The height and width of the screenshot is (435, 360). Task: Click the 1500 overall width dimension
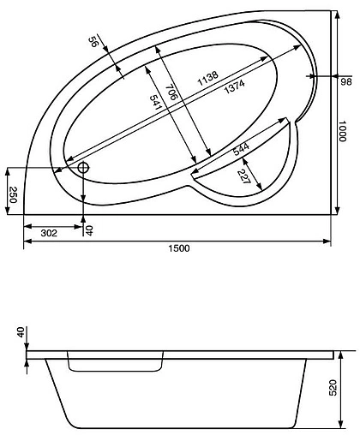[178, 248]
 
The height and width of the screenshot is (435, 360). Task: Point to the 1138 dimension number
[209, 77]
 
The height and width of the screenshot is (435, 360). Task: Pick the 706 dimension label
[171, 92]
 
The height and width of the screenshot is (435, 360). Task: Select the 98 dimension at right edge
[346, 82]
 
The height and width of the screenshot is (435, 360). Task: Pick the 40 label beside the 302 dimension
[90, 230]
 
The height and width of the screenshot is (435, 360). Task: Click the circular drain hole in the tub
[83, 167]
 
